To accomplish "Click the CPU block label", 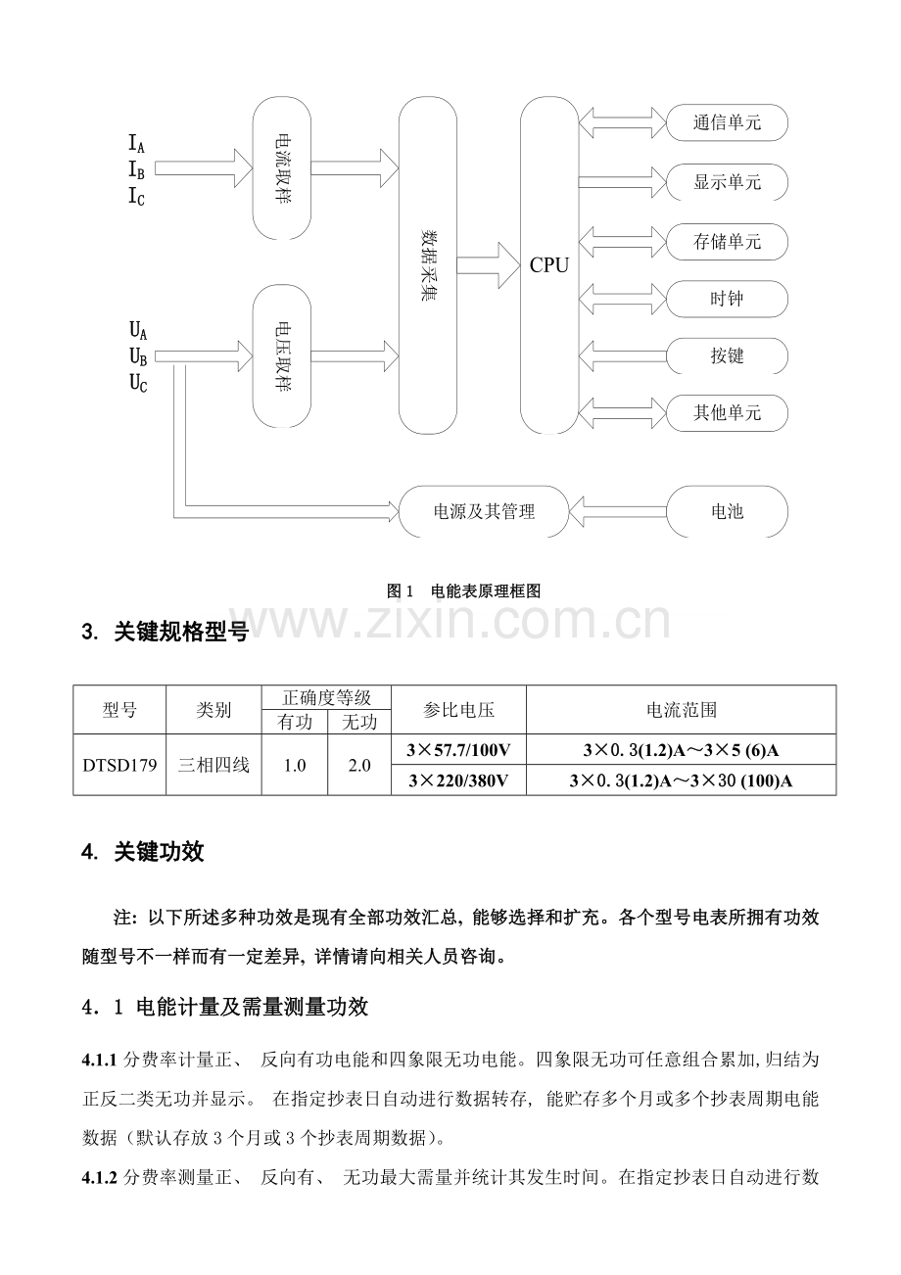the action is (x=548, y=265).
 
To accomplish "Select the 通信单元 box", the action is (x=727, y=122).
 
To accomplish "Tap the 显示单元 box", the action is (x=727, y=182).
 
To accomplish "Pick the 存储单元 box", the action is (x=727, y=242).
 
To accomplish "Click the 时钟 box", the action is (x=727, y=299).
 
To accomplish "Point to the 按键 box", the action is (x=727, y=355).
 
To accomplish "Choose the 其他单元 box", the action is (x=727, y=412).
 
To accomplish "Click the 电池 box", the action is (x=727, y=511).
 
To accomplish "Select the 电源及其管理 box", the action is (x=484, y=511).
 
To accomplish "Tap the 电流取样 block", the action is (x=282, y=168).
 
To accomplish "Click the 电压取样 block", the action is (x=282, y=356).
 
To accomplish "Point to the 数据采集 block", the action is (x=427, y=265).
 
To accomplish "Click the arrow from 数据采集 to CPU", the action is (x=489, y=265).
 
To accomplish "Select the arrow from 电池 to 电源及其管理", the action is (x=618, y=511).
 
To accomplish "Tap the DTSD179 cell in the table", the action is (x=119, y=765).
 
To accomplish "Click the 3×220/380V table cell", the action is (x=458, y=780).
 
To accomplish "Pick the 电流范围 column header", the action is (x=682, y=710).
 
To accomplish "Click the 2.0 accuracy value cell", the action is (x=359, y=765).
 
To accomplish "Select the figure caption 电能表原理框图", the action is (x=486, y=590).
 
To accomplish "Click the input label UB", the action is (x=138, y=357).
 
